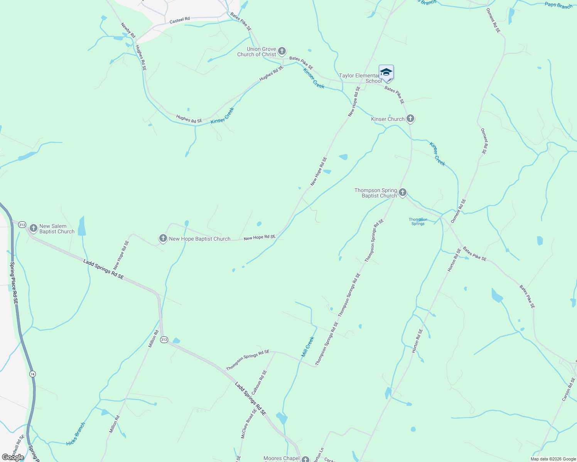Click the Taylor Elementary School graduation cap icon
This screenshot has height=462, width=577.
click(386, 72)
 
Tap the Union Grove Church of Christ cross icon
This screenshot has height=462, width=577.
click(282, 51)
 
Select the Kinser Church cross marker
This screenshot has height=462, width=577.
click(410, 119)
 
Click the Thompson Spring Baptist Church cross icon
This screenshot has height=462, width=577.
click(403, 192)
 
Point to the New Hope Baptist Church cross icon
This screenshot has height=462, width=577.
click(163, 238)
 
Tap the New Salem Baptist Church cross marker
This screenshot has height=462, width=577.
click(34, 228)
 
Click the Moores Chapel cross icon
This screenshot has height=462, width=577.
click(305, 459)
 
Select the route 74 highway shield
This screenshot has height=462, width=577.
click(32, 374)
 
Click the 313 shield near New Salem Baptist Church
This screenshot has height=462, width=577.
click(22, 224)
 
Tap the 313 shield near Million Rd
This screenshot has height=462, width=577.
click(164, 340)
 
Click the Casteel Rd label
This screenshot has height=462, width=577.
click(180, 20)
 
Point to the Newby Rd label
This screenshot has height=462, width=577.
click(128, 30)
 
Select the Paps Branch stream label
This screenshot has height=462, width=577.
click(558, 5)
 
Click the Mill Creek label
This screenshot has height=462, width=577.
click(308, 346)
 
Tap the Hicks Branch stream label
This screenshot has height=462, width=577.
click(76, 434)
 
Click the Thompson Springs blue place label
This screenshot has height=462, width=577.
click(418, 221)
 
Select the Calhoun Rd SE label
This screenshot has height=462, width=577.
click(259, 382)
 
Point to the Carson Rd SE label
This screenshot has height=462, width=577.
click(569, 390)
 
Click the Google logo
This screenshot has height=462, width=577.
click(13, 457)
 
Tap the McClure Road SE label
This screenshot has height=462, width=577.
click(249, 423)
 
